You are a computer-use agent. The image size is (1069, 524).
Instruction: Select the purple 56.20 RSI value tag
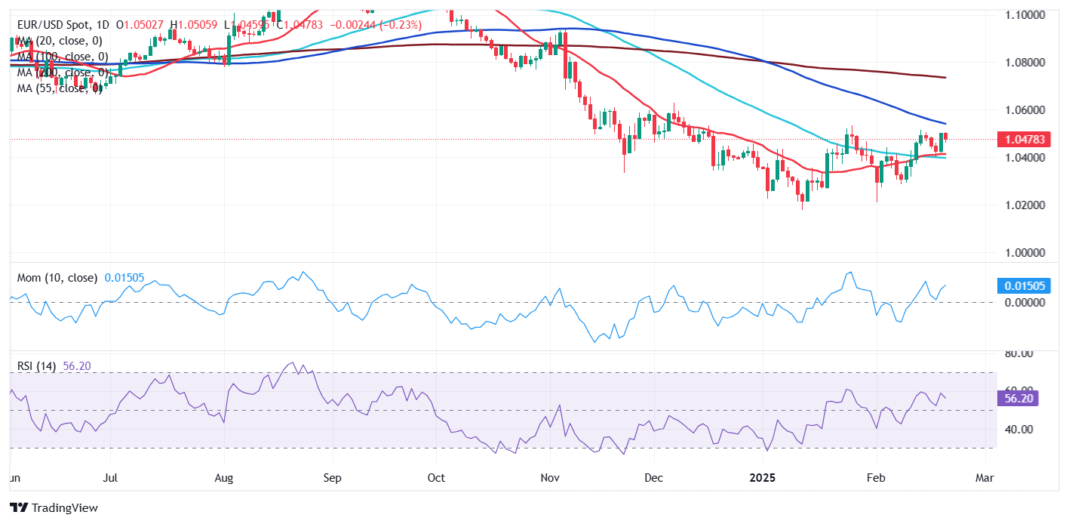(1019, 398)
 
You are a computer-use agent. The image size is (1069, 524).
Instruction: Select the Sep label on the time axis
(333, 478)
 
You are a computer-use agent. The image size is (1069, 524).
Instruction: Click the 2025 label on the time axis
(761, 478)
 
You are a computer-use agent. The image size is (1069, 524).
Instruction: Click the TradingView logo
(54, 508)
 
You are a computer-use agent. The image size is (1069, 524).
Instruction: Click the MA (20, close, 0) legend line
(60, 41)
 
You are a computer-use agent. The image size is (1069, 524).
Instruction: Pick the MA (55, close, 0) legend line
(60, 88)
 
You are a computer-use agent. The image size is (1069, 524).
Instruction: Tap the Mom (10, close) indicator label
(57, 278)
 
